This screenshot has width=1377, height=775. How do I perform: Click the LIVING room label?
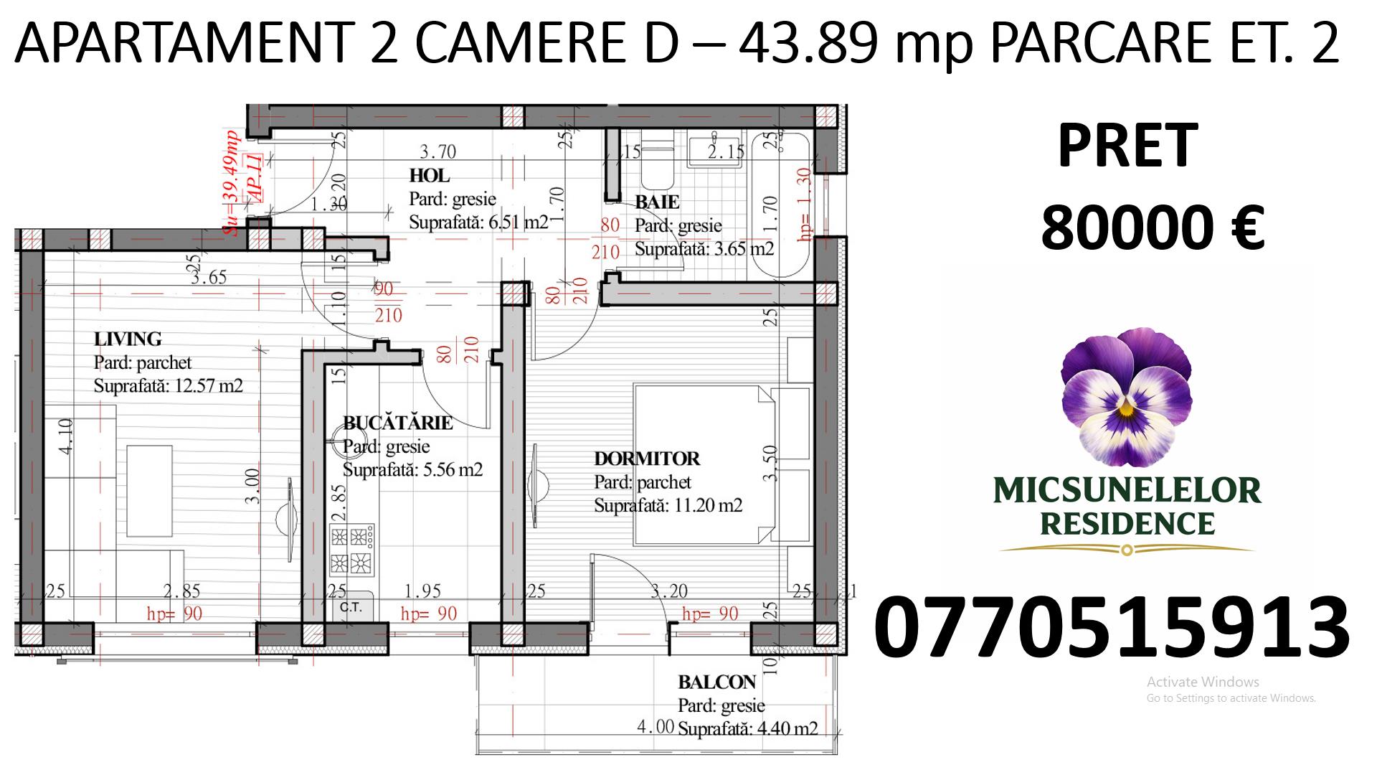[128, 339]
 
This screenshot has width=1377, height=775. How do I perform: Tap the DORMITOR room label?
[647, 458]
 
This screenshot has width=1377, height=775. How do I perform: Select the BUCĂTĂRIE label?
[398, 423]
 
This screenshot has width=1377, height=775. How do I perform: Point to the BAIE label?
[657, 202]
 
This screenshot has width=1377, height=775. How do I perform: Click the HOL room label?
[430, 176]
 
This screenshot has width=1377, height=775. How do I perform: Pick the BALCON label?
[717, 682]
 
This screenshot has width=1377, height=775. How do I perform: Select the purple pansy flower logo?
[1127, 398]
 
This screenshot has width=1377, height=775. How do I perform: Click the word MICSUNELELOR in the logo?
[1127, 491]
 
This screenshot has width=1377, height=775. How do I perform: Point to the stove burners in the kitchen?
[351, 550]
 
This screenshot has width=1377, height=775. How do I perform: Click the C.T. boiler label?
[351, 608]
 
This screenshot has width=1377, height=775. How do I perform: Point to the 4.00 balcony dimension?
[656, 727]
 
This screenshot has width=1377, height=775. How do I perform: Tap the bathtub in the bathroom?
[779, 205]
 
